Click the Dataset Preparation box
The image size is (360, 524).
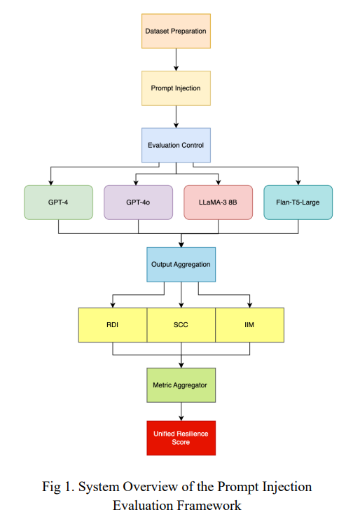(176, 32)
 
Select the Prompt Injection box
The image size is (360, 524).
(176, 88)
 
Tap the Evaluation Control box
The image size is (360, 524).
(176, 145)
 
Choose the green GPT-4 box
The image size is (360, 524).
(58, 202)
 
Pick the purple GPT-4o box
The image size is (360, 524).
(138, 202)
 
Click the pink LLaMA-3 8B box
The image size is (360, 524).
(218, 202)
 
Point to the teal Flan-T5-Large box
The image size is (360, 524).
(298, 202)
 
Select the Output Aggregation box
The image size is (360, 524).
(181, 265)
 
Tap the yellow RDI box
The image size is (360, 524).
(112, 325)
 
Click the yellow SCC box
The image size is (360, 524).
(181, 325)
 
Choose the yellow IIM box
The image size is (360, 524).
(249, 325)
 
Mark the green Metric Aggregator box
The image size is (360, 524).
(181, 385)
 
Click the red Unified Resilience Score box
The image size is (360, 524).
(181, 438)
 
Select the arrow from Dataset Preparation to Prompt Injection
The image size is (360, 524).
(176, 60)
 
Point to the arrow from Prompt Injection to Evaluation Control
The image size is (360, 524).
(176, 116)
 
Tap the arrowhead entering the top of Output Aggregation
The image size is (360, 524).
(181, 244)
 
